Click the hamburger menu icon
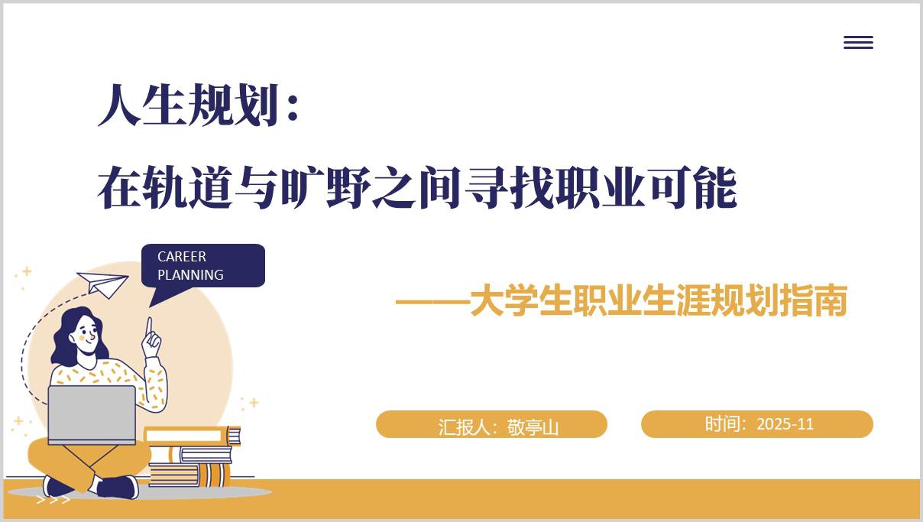click(858, 43)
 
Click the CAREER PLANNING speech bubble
click(202, 265)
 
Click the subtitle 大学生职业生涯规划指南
click(657, 301)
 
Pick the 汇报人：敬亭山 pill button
click(491, 425)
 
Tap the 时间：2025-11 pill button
click(756, 424)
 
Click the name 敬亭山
click(533, 426)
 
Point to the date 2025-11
click(785, 424)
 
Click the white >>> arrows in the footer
click(53, 500)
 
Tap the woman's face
click(87, 335)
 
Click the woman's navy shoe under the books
click(118, 487)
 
